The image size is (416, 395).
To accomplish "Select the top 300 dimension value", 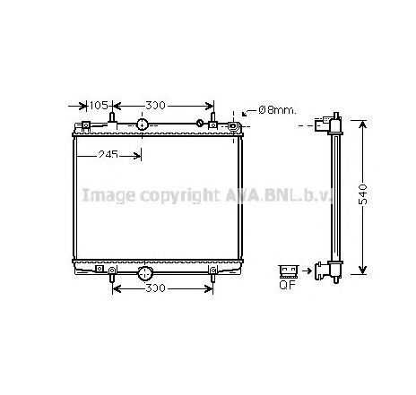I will [x=156, y=106].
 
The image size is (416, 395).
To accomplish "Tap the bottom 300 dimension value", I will [x=156, y=288].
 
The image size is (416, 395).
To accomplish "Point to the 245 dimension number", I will [x=109, y=155].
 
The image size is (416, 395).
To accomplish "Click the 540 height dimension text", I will [x=362, y=194].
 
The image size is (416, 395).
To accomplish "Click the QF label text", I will [x=288, y=288].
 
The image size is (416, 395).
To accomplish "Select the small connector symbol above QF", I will [x=288, y=269].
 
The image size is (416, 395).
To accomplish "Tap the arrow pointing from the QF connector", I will [x=305, y=268].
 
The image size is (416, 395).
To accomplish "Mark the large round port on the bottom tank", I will [x=143, y=270].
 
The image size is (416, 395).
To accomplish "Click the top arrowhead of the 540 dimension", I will [x=362, y=120].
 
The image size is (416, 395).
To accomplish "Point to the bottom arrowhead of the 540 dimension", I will [x=362, y=270].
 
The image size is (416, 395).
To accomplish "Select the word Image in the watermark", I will [x=101, y=194].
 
